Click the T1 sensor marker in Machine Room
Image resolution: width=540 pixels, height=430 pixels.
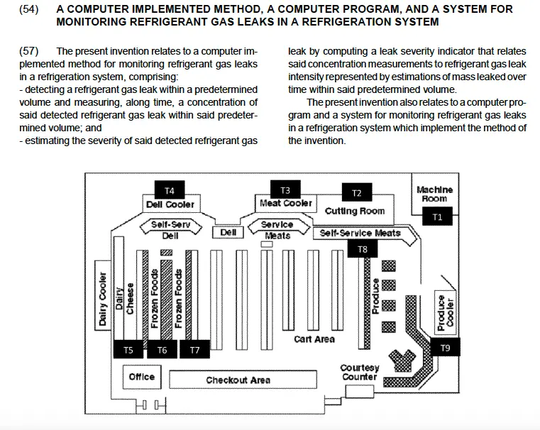coord(437,218)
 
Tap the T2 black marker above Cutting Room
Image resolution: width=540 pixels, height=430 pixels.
coord(357,193)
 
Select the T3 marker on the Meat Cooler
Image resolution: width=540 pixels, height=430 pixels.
coord(285,190)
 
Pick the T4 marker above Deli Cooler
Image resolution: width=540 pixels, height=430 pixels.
coord(169,190)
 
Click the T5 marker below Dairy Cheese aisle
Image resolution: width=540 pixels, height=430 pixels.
coord(128,350)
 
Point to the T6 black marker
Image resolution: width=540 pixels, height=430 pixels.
coord(162,350)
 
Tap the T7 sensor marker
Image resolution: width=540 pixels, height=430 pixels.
coord(195,350)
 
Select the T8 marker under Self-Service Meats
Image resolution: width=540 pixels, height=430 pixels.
coord(363,249)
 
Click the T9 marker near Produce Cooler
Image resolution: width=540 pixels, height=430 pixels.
coord(445,348)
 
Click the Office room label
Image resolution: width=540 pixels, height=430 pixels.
coord(141,377)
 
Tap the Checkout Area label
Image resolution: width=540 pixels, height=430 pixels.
coord(238,380)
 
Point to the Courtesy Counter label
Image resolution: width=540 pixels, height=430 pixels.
coord(360,373)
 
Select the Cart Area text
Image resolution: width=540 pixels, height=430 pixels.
coord(314,339)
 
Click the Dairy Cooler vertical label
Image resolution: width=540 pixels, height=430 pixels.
coord(103,299)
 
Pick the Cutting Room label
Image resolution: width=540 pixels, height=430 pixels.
coord(355,211)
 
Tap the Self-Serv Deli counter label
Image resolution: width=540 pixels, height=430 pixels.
coord(170,229)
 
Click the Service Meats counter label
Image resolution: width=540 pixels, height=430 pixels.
coord(277,229)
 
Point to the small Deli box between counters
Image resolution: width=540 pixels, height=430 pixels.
coord(228,232)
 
